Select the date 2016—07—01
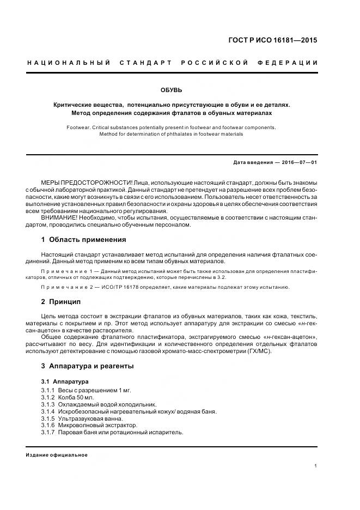(x=298, y=162)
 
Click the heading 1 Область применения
(x=83, y=239)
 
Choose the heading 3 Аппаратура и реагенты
(x=87, y=366)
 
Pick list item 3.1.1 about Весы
(x=86, y=390)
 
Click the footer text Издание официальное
(x=56, y=455)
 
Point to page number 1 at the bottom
(x=316, y=466)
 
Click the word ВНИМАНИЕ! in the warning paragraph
(x=59, y=217)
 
